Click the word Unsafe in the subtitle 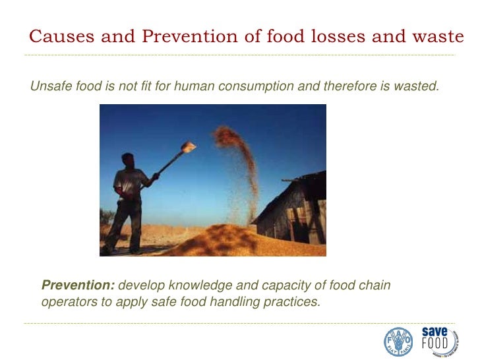pos(49,86)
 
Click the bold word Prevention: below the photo pos(78,285)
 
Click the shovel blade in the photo pos(188,148)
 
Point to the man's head pos(128,160)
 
